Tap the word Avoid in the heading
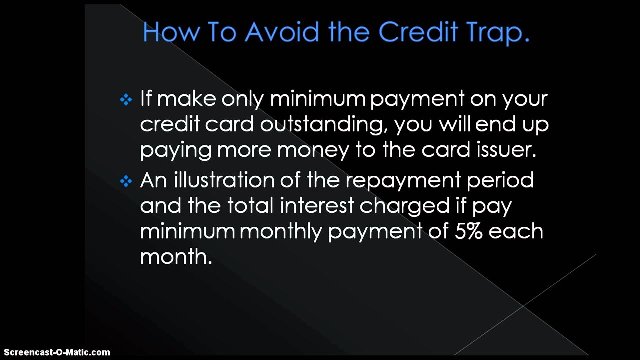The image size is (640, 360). click(282, 32)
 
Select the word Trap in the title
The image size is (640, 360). click(497, 32)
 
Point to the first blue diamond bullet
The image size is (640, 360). click(126, 100)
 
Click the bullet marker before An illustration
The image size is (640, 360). click(126, 181)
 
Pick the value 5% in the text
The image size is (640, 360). click(468, 231)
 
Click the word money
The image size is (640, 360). click(309, 150)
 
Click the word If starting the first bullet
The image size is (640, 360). click(145, 98)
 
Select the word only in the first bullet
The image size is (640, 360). click(242, 99)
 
